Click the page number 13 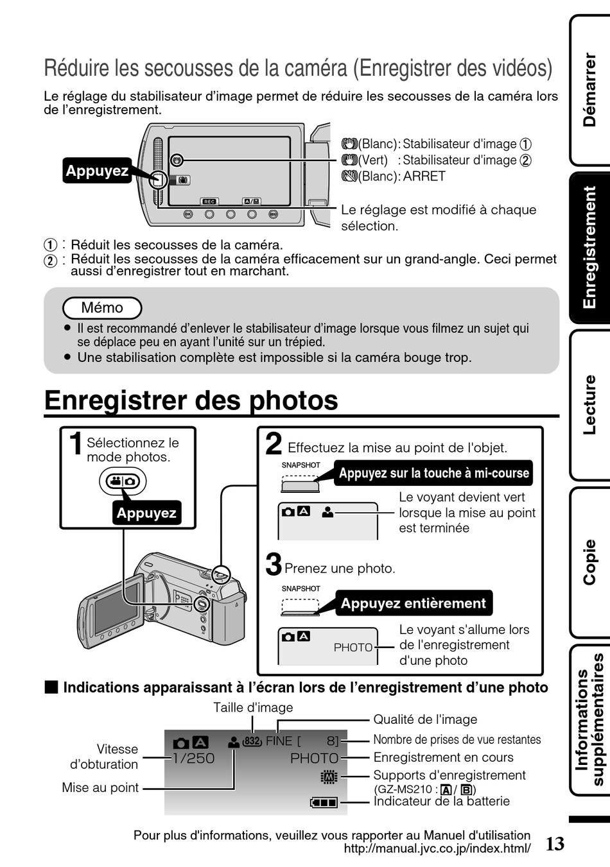[555, 843]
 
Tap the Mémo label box [102, 308]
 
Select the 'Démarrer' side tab [589, 90]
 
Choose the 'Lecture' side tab [589, 404]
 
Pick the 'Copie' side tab [589, 562]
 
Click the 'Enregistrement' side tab [589, 247]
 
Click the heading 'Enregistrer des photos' [191, 400]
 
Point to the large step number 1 [76, 444]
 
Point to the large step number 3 [274, 564]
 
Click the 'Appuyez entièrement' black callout [414, 603]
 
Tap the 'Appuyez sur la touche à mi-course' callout [434, 474]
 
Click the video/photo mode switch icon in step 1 [123, 481]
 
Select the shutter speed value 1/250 [193, 759]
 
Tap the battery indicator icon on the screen [324, 802]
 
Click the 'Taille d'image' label [253, 707]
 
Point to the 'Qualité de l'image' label [425, 719]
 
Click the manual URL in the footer [437, 848]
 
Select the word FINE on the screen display [279, 741]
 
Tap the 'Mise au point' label [100, 787]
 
